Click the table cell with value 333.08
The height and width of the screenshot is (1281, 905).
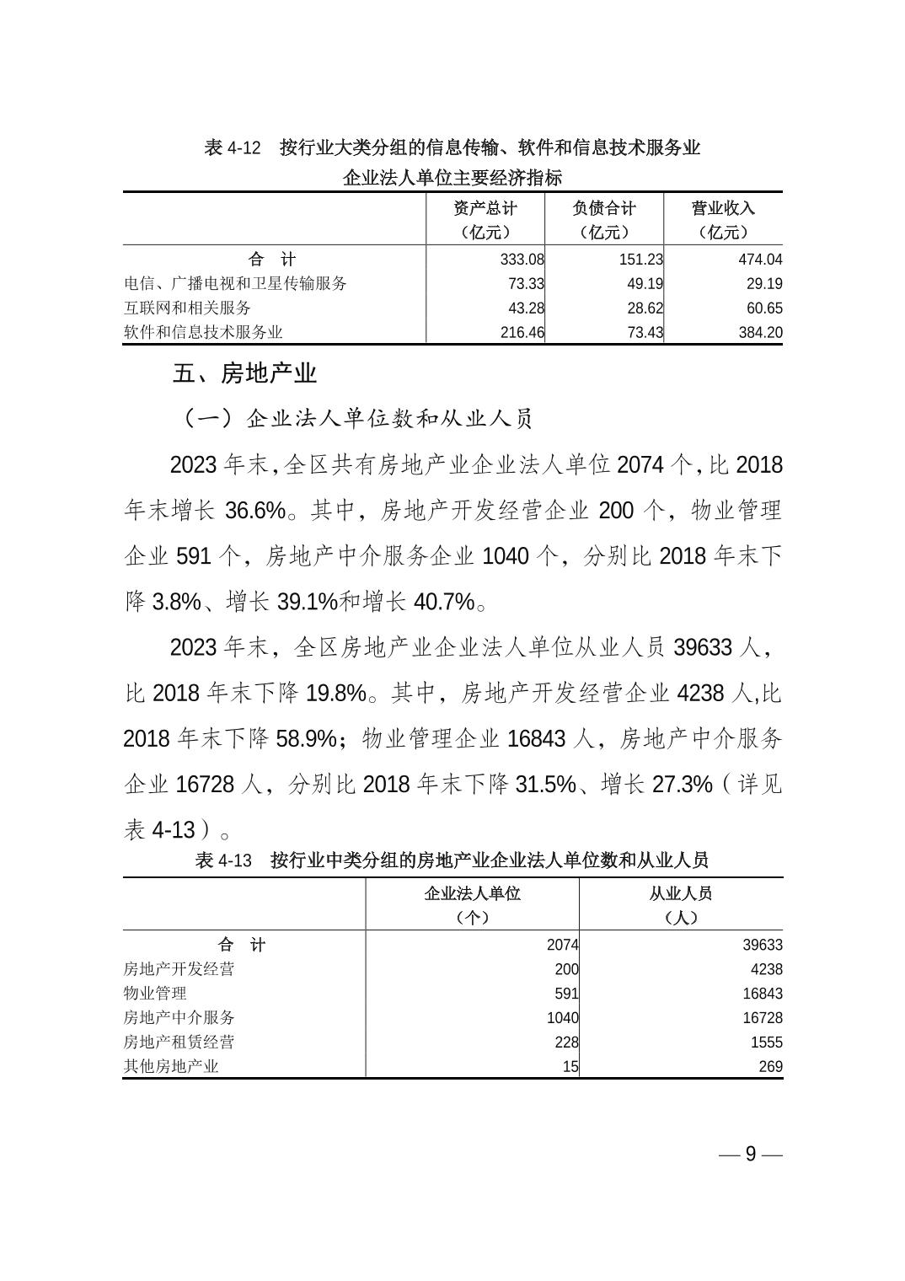[522, 260]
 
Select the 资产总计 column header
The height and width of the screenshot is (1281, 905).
[485, 208]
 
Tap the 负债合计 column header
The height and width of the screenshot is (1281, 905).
[604, 208]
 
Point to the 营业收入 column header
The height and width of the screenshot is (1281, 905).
[723, 208]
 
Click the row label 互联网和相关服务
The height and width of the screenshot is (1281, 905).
[187, 308]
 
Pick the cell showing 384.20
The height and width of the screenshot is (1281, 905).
[760, 333]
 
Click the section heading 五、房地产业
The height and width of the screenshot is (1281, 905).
[244, 373]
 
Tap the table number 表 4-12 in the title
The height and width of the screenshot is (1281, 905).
[233, 148]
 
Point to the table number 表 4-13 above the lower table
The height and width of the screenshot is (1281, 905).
[223, 860]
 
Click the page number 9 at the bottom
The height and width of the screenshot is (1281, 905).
[751, 1154]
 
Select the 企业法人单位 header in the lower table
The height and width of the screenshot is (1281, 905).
[472, 893]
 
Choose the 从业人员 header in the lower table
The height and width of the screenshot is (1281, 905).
[680, 893]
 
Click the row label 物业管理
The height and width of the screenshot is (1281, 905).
[155, 994]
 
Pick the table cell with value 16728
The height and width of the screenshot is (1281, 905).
[763, 1018]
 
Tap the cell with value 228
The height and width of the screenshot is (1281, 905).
[566, 1042]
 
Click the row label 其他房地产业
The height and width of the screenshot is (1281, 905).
[171, 1067]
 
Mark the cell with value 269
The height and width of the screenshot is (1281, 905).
[769, 1067]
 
